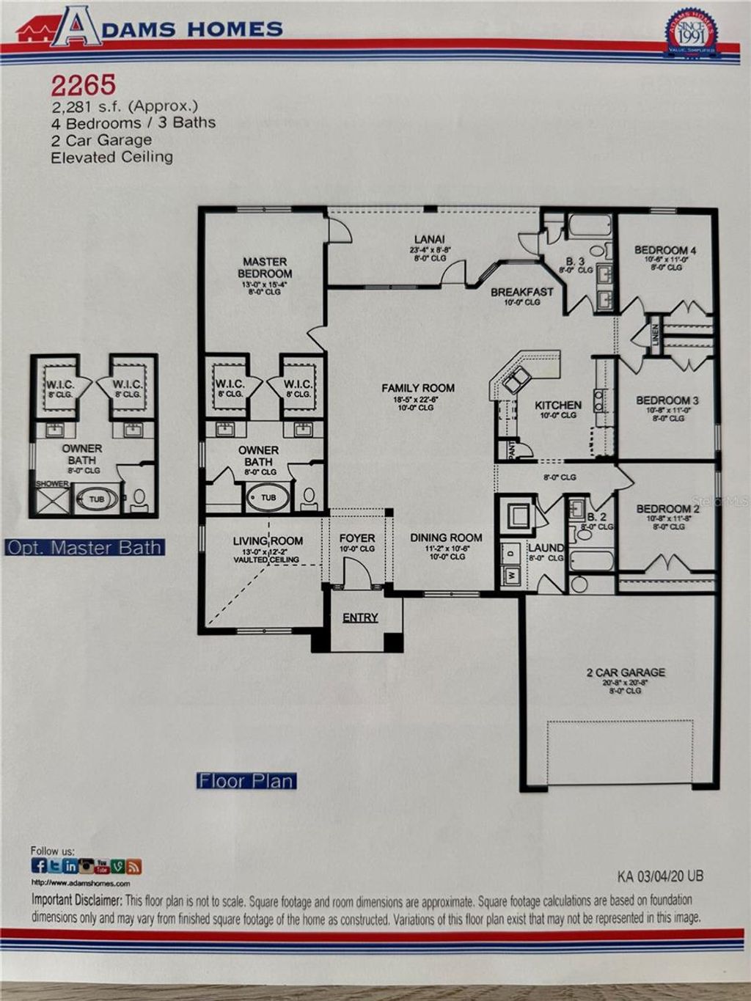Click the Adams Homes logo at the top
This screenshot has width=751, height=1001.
point(150,27)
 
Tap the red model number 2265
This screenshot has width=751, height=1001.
point(83,86)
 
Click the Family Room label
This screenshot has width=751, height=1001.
point(417,388)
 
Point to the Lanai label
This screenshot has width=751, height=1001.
point(429,239)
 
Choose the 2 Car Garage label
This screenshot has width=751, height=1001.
point(626,672)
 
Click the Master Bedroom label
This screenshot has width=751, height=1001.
point(265,268)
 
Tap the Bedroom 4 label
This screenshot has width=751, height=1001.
point(665,250)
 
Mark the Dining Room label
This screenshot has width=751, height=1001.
point(446,538)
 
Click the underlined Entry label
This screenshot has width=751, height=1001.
point(360,617)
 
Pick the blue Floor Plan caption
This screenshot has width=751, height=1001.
point(246,781)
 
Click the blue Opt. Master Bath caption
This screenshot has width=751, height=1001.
point(84,548)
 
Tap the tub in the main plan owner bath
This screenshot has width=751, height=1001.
point(268,498)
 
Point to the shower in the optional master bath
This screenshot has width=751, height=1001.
point(53,499)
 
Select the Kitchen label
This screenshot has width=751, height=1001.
point(557,405)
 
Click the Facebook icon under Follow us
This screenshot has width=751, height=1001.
point(39,866)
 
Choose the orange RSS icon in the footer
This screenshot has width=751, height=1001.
point(133,867)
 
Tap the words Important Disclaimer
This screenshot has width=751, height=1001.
point(76,900)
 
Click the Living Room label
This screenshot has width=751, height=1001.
point(267,541)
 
